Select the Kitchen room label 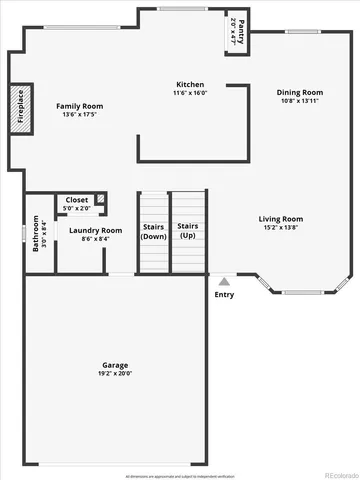[x=190, y=84]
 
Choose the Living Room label [x=281, y=219]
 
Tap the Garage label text [x=114, y=365]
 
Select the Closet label [x=76, y=200]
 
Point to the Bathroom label [x=35, y=233]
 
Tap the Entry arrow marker [x=224, y=282]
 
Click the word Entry [x=224, y=295]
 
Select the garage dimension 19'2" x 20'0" [x=114, y=373]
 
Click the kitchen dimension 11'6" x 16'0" [x=190, y=93]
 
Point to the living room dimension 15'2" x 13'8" [x=281, y=228]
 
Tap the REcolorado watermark [x=331, y=473]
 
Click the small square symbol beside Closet [x=100, y=199]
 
